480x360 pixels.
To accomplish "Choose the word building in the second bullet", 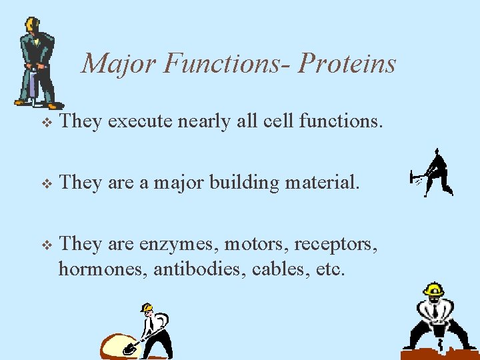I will pyautogui.click(x=244, y=183).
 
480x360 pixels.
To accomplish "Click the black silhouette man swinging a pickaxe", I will pyautogui.click(x=435, y=173).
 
